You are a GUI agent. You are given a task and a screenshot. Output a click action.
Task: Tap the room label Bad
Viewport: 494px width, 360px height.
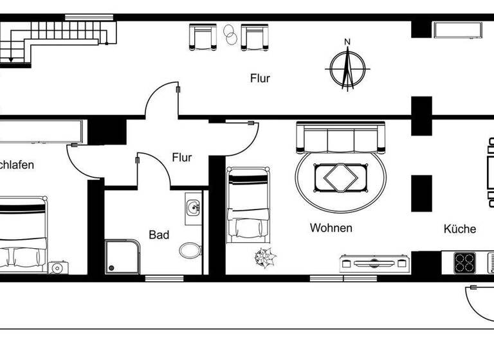point(159,235)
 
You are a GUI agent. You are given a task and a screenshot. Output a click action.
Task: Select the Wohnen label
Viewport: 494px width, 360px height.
point(331,228)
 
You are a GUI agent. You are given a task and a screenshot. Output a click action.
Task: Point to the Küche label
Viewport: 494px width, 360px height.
point(459,229)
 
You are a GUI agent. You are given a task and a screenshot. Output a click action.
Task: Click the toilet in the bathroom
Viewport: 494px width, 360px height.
point(189,249)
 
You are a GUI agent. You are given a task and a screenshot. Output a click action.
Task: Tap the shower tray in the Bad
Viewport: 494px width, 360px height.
point(122,256)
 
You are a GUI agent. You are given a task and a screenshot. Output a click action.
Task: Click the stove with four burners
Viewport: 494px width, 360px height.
point(464,262)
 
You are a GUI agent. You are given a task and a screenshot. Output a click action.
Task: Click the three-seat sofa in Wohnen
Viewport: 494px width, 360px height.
point(340,138)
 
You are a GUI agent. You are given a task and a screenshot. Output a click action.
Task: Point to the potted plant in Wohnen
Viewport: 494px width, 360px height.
point(265,258)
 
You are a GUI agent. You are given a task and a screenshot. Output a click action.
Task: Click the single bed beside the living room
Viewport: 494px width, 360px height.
point(248,204)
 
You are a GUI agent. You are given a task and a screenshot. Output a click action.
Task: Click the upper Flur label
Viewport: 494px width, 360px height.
point(260,79)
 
